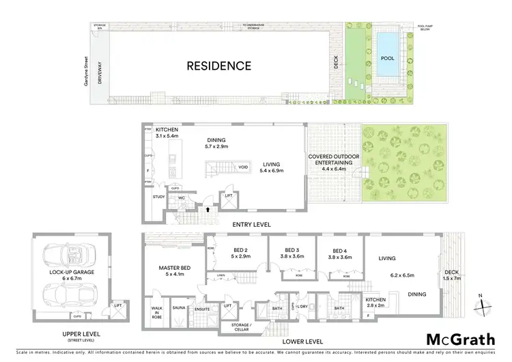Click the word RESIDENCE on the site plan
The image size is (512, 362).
pyautogui.click(x=220, y=66)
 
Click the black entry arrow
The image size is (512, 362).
pyautogui.click(x=206, y=211)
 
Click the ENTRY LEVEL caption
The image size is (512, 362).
pyautogui.click(x=252, y=225)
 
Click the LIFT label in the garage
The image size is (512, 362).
pyautogui.click(x=118, y=305)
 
